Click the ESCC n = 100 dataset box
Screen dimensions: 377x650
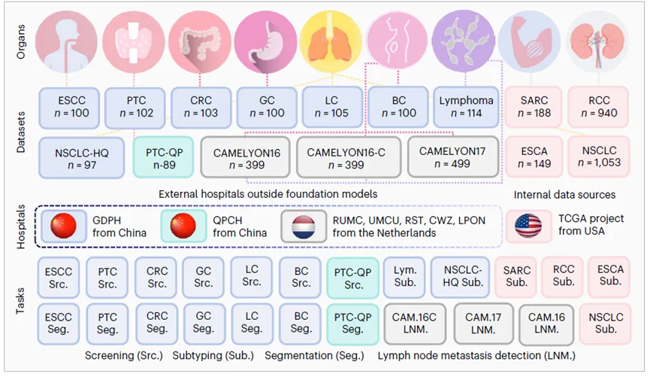[73, 106]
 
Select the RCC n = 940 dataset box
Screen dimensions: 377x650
[598, 106]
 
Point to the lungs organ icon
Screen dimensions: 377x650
[331, 36]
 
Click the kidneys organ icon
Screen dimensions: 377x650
[598, 36]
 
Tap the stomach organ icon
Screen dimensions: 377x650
[265, 36]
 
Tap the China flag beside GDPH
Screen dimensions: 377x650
[64, 226]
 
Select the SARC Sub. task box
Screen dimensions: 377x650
[516, 276]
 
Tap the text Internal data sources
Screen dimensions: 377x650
[564, 195]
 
